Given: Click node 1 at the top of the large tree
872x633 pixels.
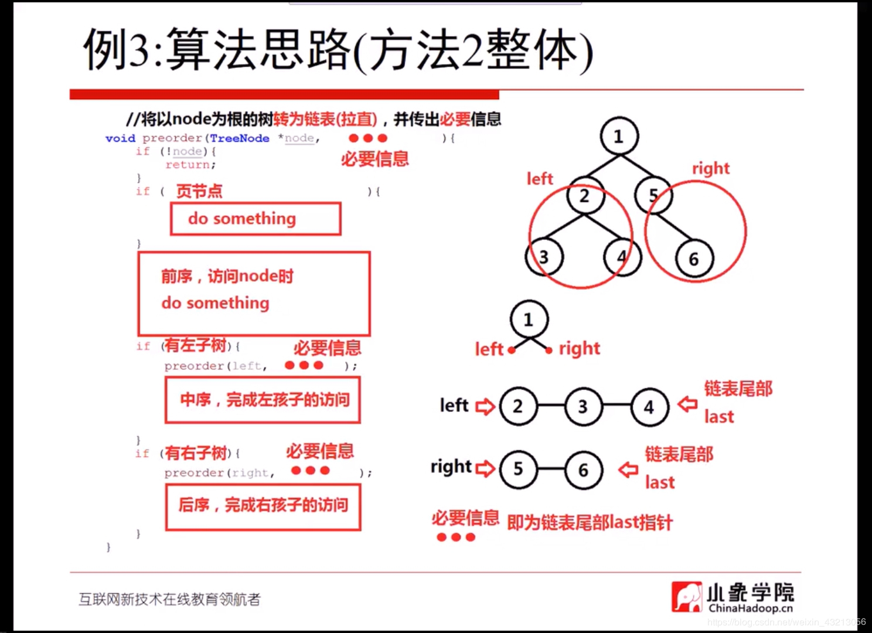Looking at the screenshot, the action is point(619,137).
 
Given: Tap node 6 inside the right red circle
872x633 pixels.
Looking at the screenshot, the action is point(694,258).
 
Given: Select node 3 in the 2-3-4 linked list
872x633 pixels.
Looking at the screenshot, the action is point(583,406).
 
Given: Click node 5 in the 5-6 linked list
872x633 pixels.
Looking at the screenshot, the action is point(518,469).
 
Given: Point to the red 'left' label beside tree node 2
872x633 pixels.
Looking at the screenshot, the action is point(539,178).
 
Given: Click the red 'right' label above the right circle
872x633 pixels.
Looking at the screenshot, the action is point(710,168).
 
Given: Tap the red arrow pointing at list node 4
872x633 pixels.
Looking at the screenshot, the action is point(687,404).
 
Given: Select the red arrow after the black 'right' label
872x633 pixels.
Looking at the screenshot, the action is point(485,468).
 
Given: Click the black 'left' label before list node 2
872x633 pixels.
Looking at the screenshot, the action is point(454,405).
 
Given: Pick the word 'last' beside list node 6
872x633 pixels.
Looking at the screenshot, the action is point(660,482).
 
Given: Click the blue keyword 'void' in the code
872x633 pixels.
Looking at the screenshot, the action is point(120,138).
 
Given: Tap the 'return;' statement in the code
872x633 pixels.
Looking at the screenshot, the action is point(190,165).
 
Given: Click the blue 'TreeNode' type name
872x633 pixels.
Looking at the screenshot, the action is point(239,138).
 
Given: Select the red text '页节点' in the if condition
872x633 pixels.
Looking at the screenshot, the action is point(199,191).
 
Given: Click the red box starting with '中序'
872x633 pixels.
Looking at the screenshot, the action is point(263,400).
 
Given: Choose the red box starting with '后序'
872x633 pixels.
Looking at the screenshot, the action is point(263,505).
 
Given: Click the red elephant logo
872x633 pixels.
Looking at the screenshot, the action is point(686,597).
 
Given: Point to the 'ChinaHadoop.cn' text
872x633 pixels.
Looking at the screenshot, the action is point(750,608).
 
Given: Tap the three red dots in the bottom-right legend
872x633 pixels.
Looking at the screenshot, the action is point(456,537).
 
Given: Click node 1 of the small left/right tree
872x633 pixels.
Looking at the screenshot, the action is point(529,319).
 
